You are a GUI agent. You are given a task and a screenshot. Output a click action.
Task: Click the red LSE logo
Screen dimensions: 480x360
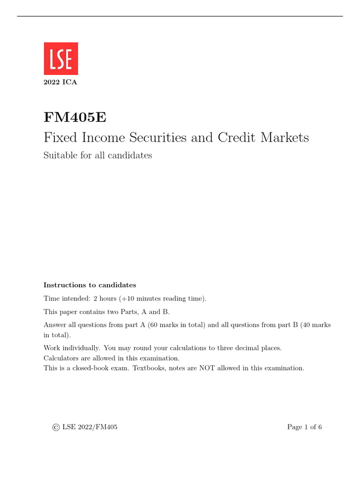[x=61, y=59]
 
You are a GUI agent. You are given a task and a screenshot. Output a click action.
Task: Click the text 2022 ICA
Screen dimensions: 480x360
[x=60, y=83]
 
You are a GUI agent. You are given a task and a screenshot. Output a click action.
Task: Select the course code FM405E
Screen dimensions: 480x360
[x=75, y=117]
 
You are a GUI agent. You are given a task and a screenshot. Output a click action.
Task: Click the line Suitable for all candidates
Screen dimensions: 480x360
[x=97, y=156]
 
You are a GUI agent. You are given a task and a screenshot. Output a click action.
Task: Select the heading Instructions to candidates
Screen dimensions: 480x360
[x=90, y=285]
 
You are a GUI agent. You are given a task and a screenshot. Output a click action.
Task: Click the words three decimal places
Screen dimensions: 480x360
[x=255, y=348]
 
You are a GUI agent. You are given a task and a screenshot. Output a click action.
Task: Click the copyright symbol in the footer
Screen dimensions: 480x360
[x=56, y=427]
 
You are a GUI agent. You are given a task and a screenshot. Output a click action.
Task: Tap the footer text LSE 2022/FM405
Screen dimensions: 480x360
[x=90, y=427]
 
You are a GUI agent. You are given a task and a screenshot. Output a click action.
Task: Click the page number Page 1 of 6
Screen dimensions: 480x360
[x=304, y=427]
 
